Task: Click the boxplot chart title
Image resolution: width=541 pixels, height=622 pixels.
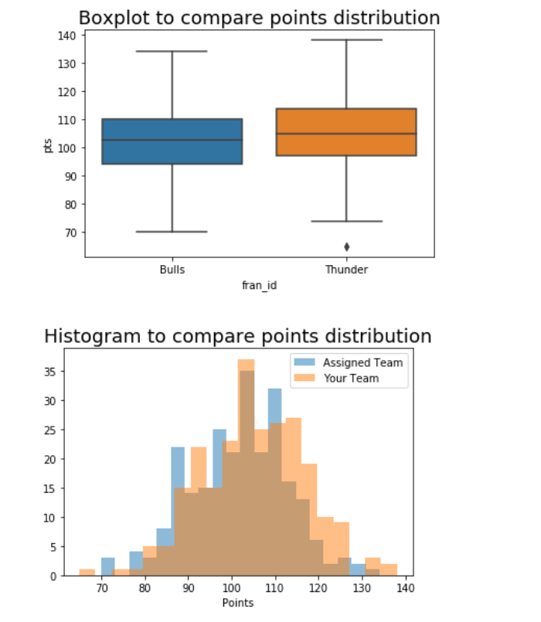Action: tap(259, 18)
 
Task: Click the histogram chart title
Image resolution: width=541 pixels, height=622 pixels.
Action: tap(237, 336)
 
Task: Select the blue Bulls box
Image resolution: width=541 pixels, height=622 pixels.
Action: tap(172, 141)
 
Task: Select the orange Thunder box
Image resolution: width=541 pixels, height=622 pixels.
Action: tap(346, 132)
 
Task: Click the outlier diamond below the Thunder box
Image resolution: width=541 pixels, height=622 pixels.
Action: tap(346, 246)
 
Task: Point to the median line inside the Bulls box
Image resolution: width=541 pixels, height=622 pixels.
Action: tap(172, 140)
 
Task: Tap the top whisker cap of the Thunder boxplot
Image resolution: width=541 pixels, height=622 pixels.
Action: tap(346, 39)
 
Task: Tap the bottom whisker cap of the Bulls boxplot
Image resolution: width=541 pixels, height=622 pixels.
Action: tap(172, 232)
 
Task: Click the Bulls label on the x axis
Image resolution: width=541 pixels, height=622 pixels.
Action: tap(172, 270)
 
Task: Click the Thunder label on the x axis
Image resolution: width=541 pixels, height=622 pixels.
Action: tap(346, 270)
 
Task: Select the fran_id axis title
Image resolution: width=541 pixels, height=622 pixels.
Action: tap(259, 285)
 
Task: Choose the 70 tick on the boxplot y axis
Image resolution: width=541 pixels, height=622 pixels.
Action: tap(68, 233)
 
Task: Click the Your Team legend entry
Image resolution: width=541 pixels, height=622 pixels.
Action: tap(351, 379)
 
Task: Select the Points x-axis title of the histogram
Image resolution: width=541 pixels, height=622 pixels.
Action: tap(237, 603)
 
